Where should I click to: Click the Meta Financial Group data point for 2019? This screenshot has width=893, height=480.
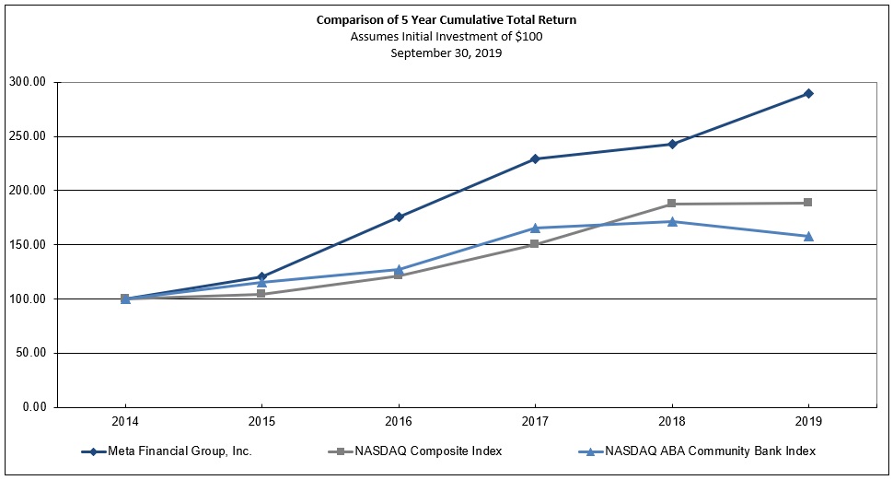(808, 93)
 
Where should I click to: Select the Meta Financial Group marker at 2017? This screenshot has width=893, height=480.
(535, 158)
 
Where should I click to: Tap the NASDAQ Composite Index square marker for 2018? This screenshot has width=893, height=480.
(672, 204)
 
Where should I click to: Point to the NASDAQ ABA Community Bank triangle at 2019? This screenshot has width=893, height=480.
(808, 236)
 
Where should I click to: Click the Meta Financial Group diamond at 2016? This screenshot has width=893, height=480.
(399, 217)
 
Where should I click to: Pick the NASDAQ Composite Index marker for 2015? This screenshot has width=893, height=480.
(261, 294)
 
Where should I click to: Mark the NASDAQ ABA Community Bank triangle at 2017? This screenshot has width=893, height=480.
(535, 228)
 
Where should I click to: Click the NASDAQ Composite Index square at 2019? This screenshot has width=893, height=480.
(808, 203)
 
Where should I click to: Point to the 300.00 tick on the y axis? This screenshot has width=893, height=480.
(29, 82)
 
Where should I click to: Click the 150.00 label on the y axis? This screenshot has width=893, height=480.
(29, 245)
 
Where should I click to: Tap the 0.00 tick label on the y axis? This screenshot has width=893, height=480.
(33, 407)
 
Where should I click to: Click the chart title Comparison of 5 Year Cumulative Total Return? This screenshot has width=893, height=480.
(446, 19)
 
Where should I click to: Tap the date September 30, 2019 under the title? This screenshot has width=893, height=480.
(446, 53)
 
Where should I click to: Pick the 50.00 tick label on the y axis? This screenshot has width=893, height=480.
(31, 353)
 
